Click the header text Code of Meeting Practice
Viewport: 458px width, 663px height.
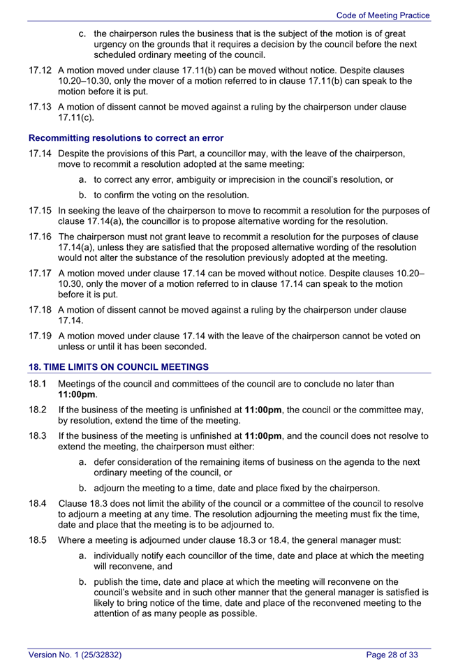click(x=383, y=15)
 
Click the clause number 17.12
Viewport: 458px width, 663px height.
click(x=40, y=70)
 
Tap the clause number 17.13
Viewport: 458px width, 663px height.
click(x=40, y=107)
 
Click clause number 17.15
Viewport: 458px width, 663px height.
click(x=40, y=210)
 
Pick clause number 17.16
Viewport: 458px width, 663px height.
click(x=40, y=236)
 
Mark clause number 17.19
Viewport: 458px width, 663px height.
click(x=40, y=336)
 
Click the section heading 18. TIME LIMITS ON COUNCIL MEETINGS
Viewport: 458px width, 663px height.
click(x=119, y=367)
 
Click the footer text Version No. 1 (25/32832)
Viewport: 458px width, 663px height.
click(x=75, y=655)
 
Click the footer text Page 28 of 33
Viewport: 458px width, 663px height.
click(x=392, y=655)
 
